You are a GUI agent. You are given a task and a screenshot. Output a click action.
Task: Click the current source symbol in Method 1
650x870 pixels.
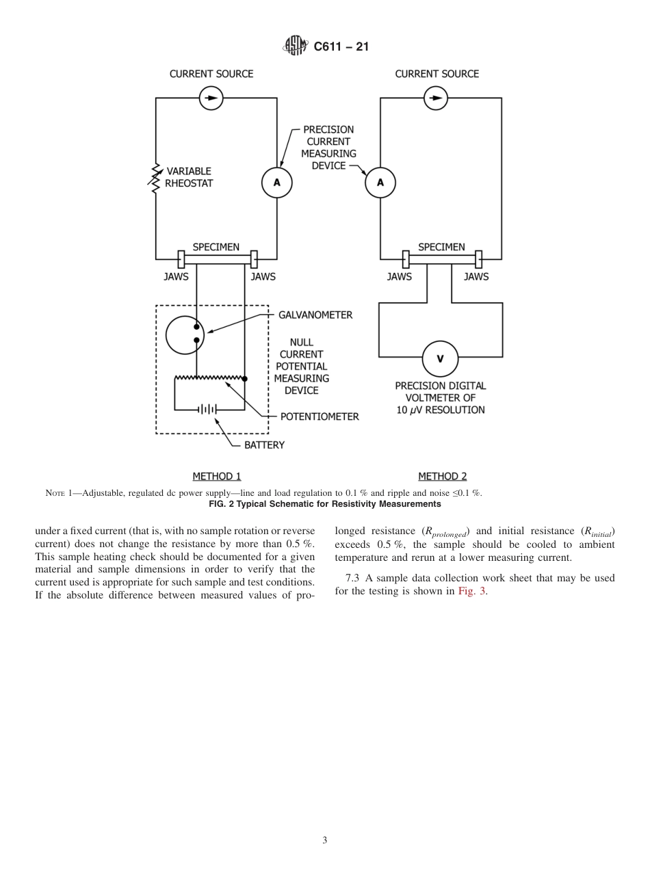(211, 98)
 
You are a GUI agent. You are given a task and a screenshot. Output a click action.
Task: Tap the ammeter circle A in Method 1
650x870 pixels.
(276, 182)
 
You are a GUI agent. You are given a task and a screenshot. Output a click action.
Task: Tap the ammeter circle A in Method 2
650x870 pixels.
(380, 182)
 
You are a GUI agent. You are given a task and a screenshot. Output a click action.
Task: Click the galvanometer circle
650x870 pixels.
(185, 335)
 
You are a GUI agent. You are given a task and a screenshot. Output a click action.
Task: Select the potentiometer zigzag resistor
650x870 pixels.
(210, 377)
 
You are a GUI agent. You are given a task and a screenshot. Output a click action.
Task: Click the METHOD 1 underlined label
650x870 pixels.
(217, 477)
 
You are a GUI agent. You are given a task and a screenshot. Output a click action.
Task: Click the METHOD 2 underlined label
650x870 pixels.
(442, 477)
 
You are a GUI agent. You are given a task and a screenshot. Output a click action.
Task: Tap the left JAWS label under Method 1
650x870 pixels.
(176, 277)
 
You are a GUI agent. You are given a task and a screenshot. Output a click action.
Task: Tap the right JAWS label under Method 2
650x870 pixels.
(476, 277)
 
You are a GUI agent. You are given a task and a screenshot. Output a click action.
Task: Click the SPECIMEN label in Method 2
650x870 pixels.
(441, 247)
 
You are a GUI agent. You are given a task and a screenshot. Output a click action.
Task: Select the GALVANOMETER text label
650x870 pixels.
(315, 315)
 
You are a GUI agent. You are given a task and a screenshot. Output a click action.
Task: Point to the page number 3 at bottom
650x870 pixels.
(325, 841)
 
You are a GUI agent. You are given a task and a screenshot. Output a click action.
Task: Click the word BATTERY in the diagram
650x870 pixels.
(264, 445)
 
